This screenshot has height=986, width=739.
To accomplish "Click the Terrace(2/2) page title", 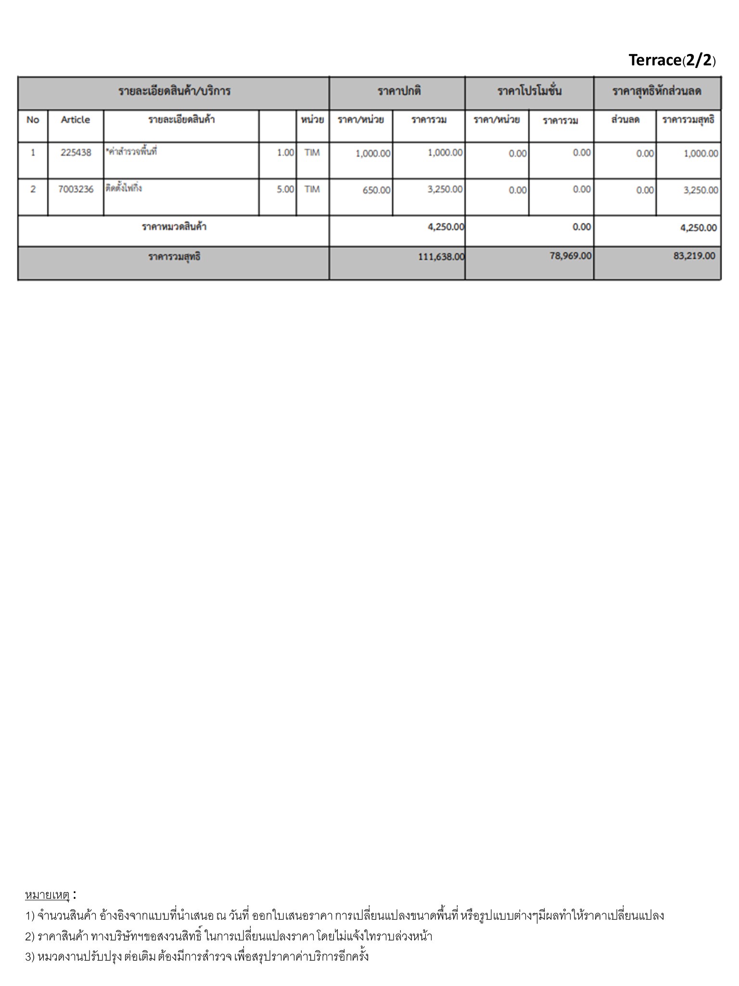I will tap(672, 60).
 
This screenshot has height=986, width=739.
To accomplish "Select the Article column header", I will tap(75, 120).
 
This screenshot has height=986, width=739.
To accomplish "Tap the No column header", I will tap(33, 120).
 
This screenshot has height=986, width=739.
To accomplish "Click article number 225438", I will tap(76, 153).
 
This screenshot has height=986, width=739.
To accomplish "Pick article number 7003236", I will tap(76, 189).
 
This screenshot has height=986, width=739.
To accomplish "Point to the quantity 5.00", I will tap(285, 190).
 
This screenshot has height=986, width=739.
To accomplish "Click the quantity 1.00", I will tap(285, 153).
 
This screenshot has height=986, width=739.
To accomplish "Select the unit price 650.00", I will tap(376, 190).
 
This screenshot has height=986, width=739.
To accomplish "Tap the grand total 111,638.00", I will tap(441, 257).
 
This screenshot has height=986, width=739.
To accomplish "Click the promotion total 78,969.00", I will tap(570, 256).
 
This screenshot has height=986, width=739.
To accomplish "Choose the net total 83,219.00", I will tap(694, 256).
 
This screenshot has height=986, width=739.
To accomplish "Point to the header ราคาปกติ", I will tap(399, 91).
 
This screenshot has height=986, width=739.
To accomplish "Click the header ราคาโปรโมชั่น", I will tap(529, 91).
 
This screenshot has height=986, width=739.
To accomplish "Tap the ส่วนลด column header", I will tap(625, 120).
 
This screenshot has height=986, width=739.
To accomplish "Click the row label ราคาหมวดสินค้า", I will tap(174, 227).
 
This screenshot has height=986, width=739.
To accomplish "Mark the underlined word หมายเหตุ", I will tap(47, 895).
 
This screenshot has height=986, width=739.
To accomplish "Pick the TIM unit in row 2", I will tap(312, 189).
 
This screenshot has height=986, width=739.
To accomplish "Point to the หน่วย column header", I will tap(312, 120).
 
